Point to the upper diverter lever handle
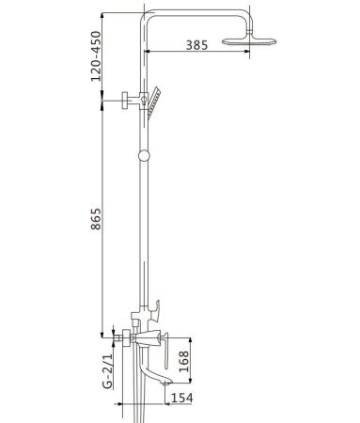155,307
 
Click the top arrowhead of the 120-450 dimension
102,13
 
